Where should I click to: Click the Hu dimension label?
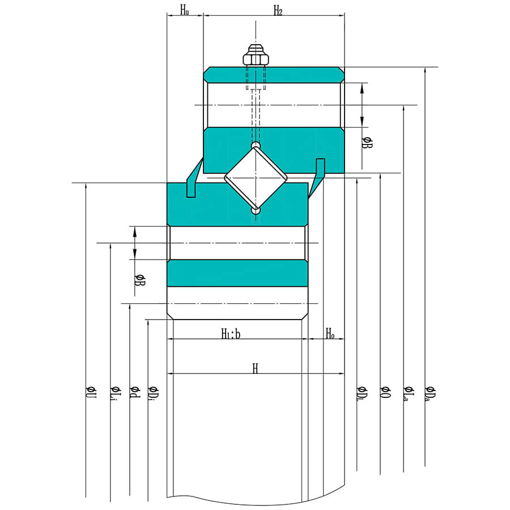click(185, 10)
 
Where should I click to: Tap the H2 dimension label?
click(278, 11)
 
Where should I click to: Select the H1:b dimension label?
click(231, 334)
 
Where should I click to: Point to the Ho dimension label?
click(330, 333)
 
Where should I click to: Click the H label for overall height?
click(256, 368)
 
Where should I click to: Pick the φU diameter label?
click(91, 392)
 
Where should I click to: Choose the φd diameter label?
click(135, 392)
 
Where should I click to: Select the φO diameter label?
click(385, 392)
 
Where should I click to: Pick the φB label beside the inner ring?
click(140, 280)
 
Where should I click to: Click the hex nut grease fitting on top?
click(256, 56)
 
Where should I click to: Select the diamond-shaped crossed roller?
click(256, 178)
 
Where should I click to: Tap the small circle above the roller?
click(256, 144)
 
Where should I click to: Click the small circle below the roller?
click(256, 211)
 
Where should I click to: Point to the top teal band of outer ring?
click(274, 75)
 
